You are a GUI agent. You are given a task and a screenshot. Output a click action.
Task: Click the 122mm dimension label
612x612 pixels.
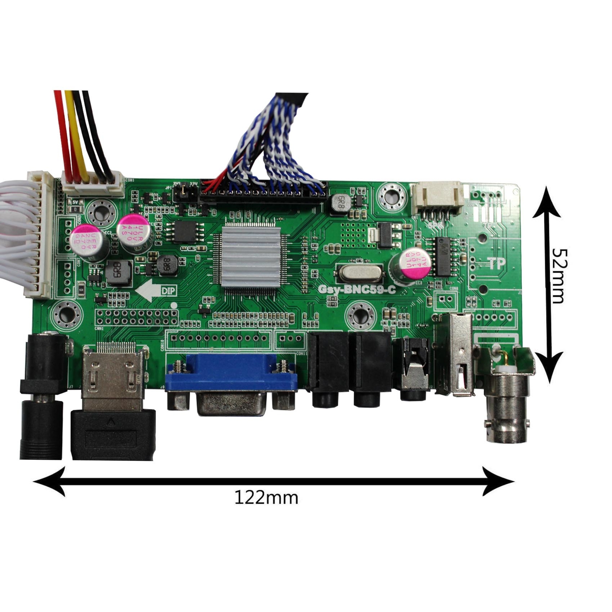coord(266,498)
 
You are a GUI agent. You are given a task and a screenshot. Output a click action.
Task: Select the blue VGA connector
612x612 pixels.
coord(231,377)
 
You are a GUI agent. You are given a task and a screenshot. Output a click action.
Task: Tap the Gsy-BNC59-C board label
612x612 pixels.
coord(357,290)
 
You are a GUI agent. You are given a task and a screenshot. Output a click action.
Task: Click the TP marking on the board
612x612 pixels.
coord(496,264)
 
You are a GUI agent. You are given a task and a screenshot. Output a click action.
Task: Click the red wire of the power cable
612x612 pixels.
coord(63,134)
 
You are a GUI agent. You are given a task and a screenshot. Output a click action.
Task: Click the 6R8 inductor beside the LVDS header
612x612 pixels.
coord(339,203)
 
